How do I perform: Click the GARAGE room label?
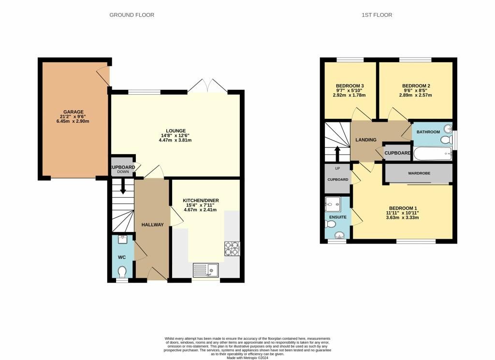(x=73, y=112)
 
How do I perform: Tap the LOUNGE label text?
(x=176, y=130)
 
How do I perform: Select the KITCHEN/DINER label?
(x=201, y=201)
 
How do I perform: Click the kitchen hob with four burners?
(x=232, y=249)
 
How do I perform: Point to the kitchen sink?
(x=205, y=270)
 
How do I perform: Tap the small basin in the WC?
(x=122, y=239)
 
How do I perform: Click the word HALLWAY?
(x=152, y=225)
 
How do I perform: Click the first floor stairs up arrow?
(x=337, y=154)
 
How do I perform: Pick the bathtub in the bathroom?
(x=433, y=154)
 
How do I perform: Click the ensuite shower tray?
(x=333, y=204)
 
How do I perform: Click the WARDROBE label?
(x=419, y=173)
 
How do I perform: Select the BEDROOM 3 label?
(x=350, y=86)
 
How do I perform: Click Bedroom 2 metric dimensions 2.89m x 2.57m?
(x=416, y=95)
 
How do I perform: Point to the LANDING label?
(x=366, y=140)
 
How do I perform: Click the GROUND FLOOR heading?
(x=131, y=15)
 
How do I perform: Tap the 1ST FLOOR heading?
(x=377, y=15)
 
